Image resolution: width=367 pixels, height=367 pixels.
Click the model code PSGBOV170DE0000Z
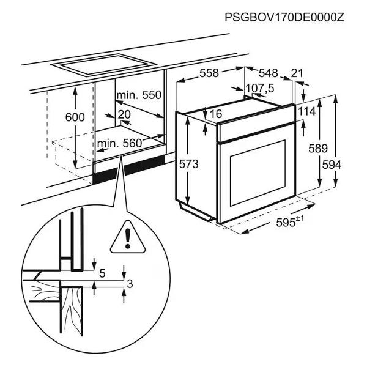click(x=284, y=17)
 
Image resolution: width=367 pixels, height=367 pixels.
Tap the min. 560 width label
click(x=119, y=143)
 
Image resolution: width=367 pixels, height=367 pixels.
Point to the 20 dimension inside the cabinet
click(x=124, y=115)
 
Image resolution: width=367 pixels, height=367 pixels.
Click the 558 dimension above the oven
click(x=209, y=73)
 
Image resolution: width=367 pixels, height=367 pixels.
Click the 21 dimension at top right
click(x=298, y=73)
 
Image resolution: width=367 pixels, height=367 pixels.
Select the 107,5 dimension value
click(x=260, y=89)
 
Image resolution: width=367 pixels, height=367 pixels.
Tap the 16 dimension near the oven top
click(x=215, y=114)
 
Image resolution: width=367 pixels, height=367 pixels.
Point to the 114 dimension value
click(x=307, y=111)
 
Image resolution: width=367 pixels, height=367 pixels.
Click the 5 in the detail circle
click(x=102, y=273)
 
